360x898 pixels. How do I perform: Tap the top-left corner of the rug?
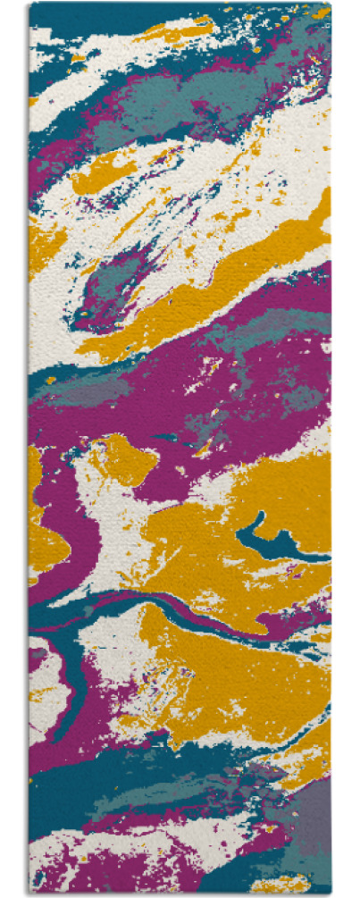point(29,4)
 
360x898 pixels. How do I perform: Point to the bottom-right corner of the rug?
point(331,894)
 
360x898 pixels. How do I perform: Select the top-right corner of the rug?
point(331,4)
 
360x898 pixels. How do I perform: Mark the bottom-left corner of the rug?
point(29,894)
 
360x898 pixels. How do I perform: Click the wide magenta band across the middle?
point(179,393)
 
